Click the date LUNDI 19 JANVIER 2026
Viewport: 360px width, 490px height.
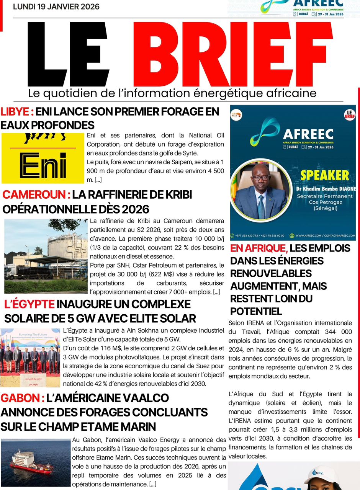click(56, 7)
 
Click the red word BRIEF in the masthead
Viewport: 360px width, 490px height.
click(232, 54)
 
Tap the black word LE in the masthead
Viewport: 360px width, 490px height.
click(69, 54)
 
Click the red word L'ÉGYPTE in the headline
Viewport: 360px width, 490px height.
click(29, 305)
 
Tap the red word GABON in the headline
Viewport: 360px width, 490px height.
click(22, 398)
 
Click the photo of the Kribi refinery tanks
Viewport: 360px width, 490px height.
click(46, 256)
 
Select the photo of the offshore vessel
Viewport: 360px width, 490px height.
click(36, 462)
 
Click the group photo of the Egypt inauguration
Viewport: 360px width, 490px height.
click(30, 357)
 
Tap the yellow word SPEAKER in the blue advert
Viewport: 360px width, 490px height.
click(324, 175)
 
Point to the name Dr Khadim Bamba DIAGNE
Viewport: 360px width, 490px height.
click(326, 189)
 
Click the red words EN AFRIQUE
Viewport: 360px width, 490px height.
click(259, 248)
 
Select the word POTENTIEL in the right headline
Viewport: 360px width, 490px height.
click(256, 311)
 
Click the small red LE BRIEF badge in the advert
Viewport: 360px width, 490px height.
click(350, 115)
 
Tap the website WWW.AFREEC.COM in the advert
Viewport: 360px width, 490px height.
click(310, 236)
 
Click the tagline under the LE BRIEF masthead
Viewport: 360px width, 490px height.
click(172, 93)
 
